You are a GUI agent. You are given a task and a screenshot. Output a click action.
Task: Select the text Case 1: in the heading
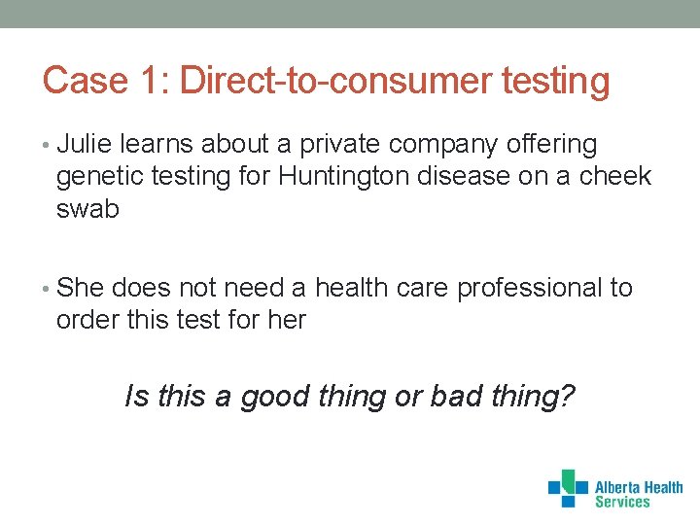[x=106, y=81]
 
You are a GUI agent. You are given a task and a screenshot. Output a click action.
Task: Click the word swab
[x=87, y=209]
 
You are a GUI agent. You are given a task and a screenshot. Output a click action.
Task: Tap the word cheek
[x=616, y=177]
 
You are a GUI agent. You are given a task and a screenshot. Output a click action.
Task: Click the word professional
[x=529, y=289]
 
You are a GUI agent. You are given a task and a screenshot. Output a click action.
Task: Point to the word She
[x=81, y=288]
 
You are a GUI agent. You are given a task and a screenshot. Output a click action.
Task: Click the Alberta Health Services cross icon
[x=568, y=488]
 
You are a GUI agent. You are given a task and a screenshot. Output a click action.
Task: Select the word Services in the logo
[x=622, y=502]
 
